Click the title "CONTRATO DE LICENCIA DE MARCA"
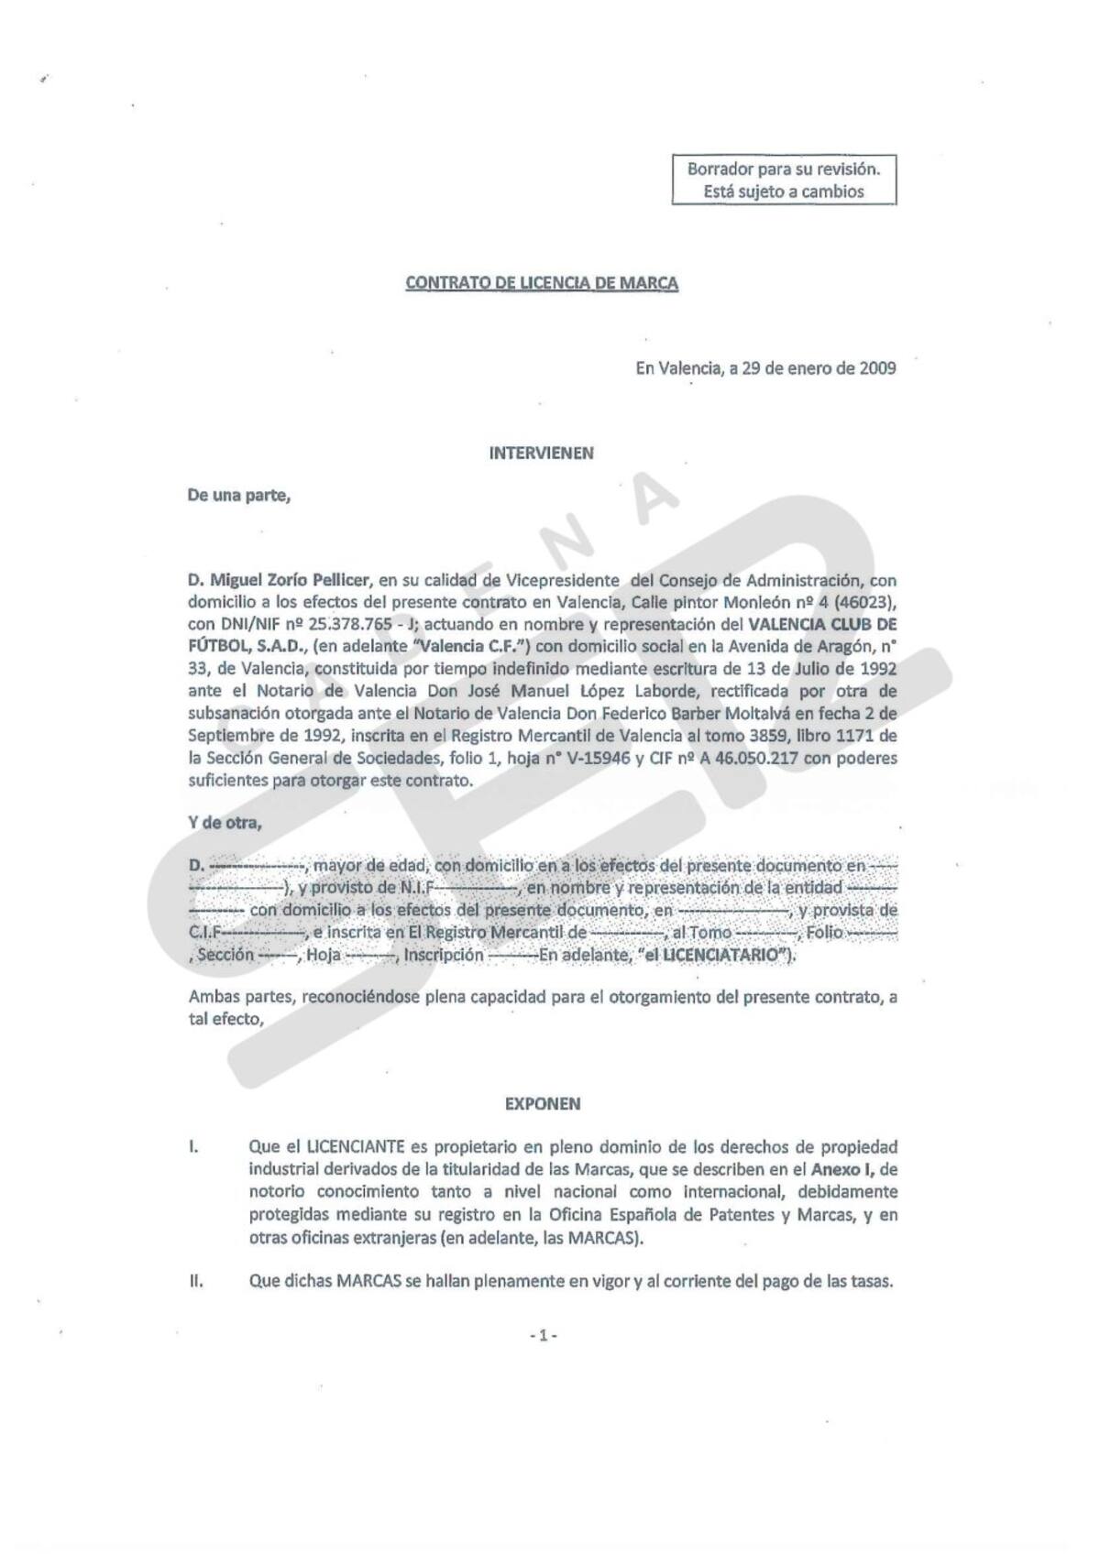pos(542,283)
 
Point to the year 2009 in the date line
pos(877,368)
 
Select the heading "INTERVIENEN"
pos(542,453)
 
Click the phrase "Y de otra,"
pos(225,822)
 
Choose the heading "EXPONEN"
pos(543,1104)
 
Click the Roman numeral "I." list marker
pos(193,1147)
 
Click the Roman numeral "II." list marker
pos(196,1282)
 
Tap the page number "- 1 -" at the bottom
pos(543,1337)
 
